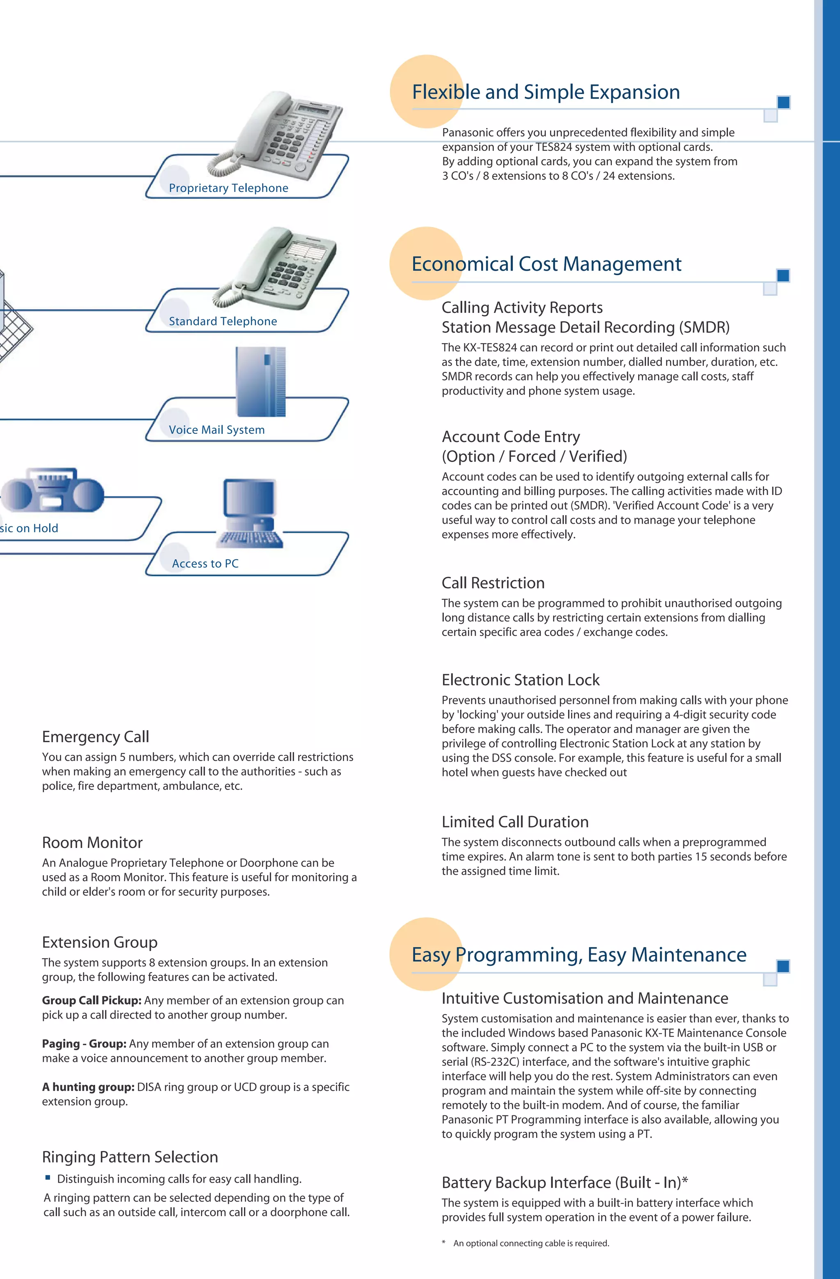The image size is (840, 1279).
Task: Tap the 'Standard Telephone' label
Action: (x=223, y=321)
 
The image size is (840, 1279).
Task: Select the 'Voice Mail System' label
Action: (x=217, y=430)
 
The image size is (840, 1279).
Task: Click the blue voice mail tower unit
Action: (x=260, y=381)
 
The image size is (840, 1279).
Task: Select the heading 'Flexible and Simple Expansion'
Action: (x=546, y=92)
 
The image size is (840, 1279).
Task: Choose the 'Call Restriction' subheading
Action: (x=493, y=583)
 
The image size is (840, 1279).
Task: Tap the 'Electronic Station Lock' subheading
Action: (x=520, y=680)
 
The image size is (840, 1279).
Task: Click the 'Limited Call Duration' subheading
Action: (x=515, y=822)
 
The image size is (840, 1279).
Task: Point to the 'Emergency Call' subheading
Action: (x=96, y=737)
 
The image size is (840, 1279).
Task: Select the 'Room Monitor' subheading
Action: (x=92, y=843)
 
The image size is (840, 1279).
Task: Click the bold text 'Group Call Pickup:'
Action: (x=92, y=1001)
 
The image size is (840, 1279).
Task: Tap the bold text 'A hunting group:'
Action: (x=88, y=1087)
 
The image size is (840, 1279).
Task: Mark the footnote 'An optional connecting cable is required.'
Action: (x=531, y=1243)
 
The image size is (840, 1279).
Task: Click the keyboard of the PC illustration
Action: (x=250, y=538)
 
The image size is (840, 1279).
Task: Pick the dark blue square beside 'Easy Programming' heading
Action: (x=783, y=966)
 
